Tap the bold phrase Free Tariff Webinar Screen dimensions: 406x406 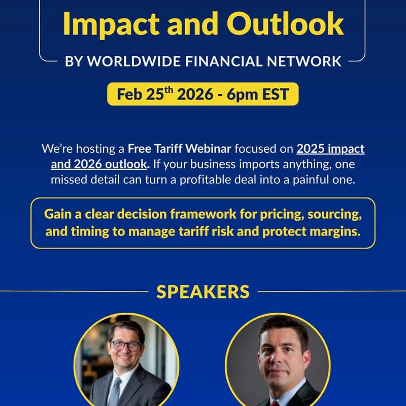coord(180,149)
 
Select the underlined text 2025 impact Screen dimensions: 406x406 coord(330,149)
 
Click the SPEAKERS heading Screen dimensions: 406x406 coord(203,292)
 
